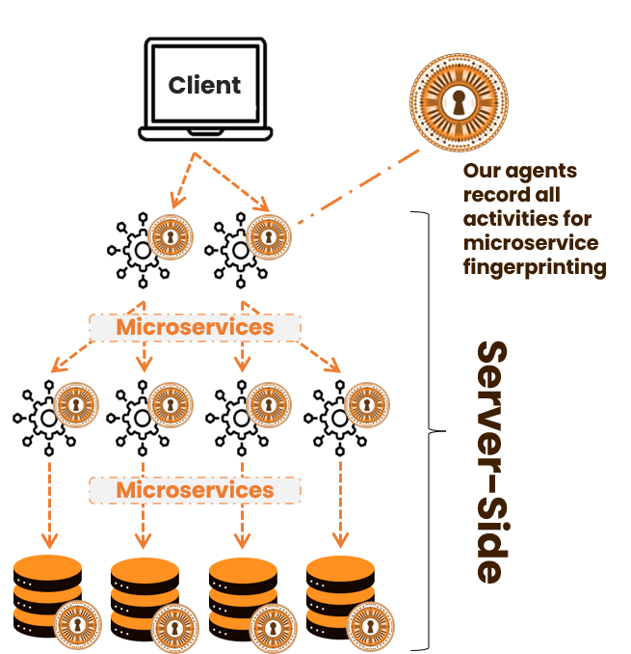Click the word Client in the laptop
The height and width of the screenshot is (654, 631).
coord(204,85)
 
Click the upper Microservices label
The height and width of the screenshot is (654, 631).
coord(195,327)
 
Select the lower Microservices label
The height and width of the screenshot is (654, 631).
coord(195,490)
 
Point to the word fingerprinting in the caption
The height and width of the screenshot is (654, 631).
coord(535,266)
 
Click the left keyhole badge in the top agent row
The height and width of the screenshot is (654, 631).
coord(170,235)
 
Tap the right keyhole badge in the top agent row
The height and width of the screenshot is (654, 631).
coord(267,235)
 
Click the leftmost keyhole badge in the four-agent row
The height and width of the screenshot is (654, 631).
coord(76,404)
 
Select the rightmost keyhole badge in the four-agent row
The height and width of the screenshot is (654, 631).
coord(367,404)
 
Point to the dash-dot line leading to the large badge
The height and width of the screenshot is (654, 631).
coord(358,189)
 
